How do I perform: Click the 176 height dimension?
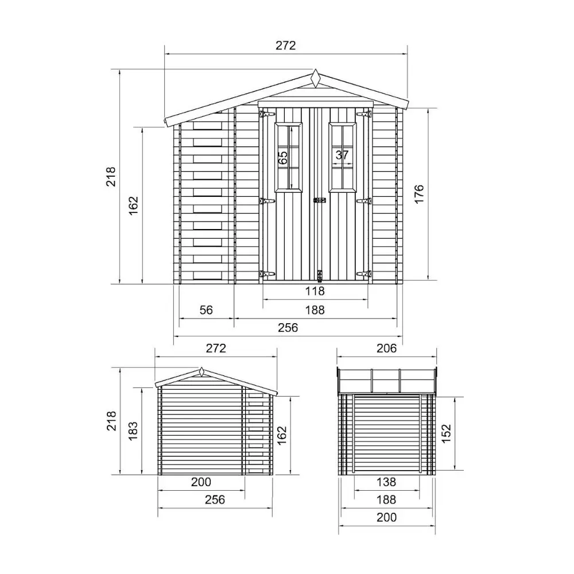click(x=419, y=194)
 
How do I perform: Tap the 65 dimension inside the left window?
click(x=283, y=158)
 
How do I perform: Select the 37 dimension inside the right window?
click(x=342, y=155)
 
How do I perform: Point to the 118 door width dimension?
click(x=315, y=291)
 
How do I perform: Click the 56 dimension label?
click(x=206, y=310)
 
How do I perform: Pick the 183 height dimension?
click(x=133, y=431)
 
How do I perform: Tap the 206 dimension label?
click(x=386, y=348)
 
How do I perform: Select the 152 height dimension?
click(x=446, y=434)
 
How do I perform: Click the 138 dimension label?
click(x=386, y=482)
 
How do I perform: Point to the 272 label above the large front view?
click(x=285, y=45)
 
